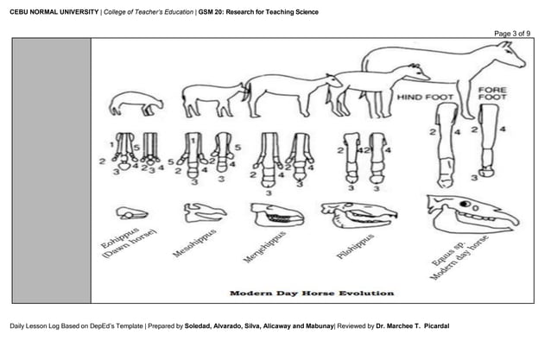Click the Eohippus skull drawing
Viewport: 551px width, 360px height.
[x=132, y=212]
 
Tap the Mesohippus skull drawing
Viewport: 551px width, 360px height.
[x=204, y=211]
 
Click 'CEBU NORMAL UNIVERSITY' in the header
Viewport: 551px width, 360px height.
[x=52, y=12]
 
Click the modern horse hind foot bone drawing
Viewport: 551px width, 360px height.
[x=446, y=142]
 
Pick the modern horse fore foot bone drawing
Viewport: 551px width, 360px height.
[x=488, y=138]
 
